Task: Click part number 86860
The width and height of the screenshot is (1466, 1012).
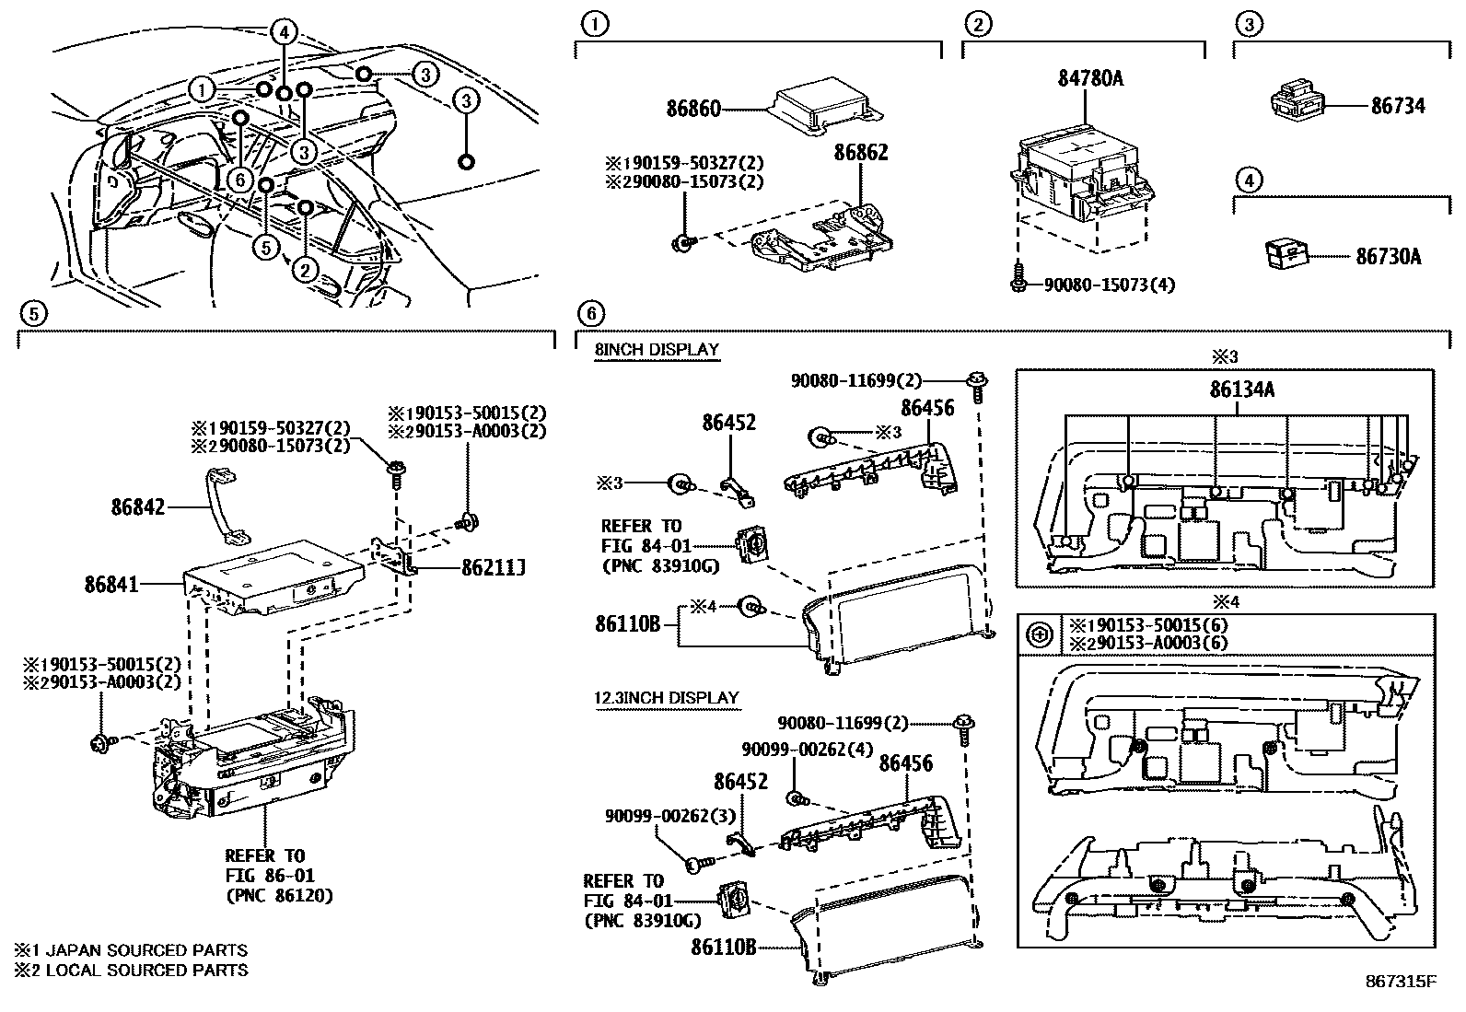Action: coord(693,110)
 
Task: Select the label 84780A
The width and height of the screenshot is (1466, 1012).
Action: coord(1089,79)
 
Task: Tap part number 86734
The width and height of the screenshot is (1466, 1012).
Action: coord(1397,106)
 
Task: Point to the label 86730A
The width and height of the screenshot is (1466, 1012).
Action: coord(1388,257)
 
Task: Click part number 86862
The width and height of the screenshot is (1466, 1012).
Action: coord(861,152)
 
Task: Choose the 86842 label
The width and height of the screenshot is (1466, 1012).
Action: coord(137,506)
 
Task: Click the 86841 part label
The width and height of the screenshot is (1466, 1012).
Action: coord(111,583)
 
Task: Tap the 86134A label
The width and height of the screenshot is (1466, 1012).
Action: coord(1241,390)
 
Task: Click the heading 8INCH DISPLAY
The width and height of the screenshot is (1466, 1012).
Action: coord(656,350)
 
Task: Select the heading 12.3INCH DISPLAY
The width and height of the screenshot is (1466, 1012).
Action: coord(666,697)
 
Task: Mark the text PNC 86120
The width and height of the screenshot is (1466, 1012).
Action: coord(279,895)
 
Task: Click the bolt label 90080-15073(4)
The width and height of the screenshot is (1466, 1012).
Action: coord(1108,285)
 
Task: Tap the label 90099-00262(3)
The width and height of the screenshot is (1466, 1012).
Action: coord(670,816)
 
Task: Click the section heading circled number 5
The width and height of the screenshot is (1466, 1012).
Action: coord(32,314)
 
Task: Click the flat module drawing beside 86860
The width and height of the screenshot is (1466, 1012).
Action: coord(824,108)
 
